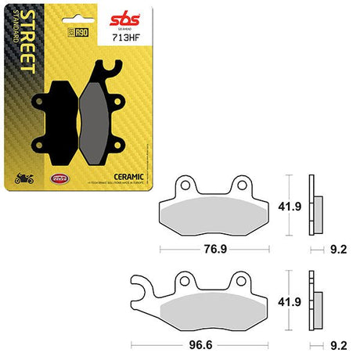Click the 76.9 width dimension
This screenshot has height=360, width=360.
click(223, 250)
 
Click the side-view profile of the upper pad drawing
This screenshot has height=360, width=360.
click(315, 205)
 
